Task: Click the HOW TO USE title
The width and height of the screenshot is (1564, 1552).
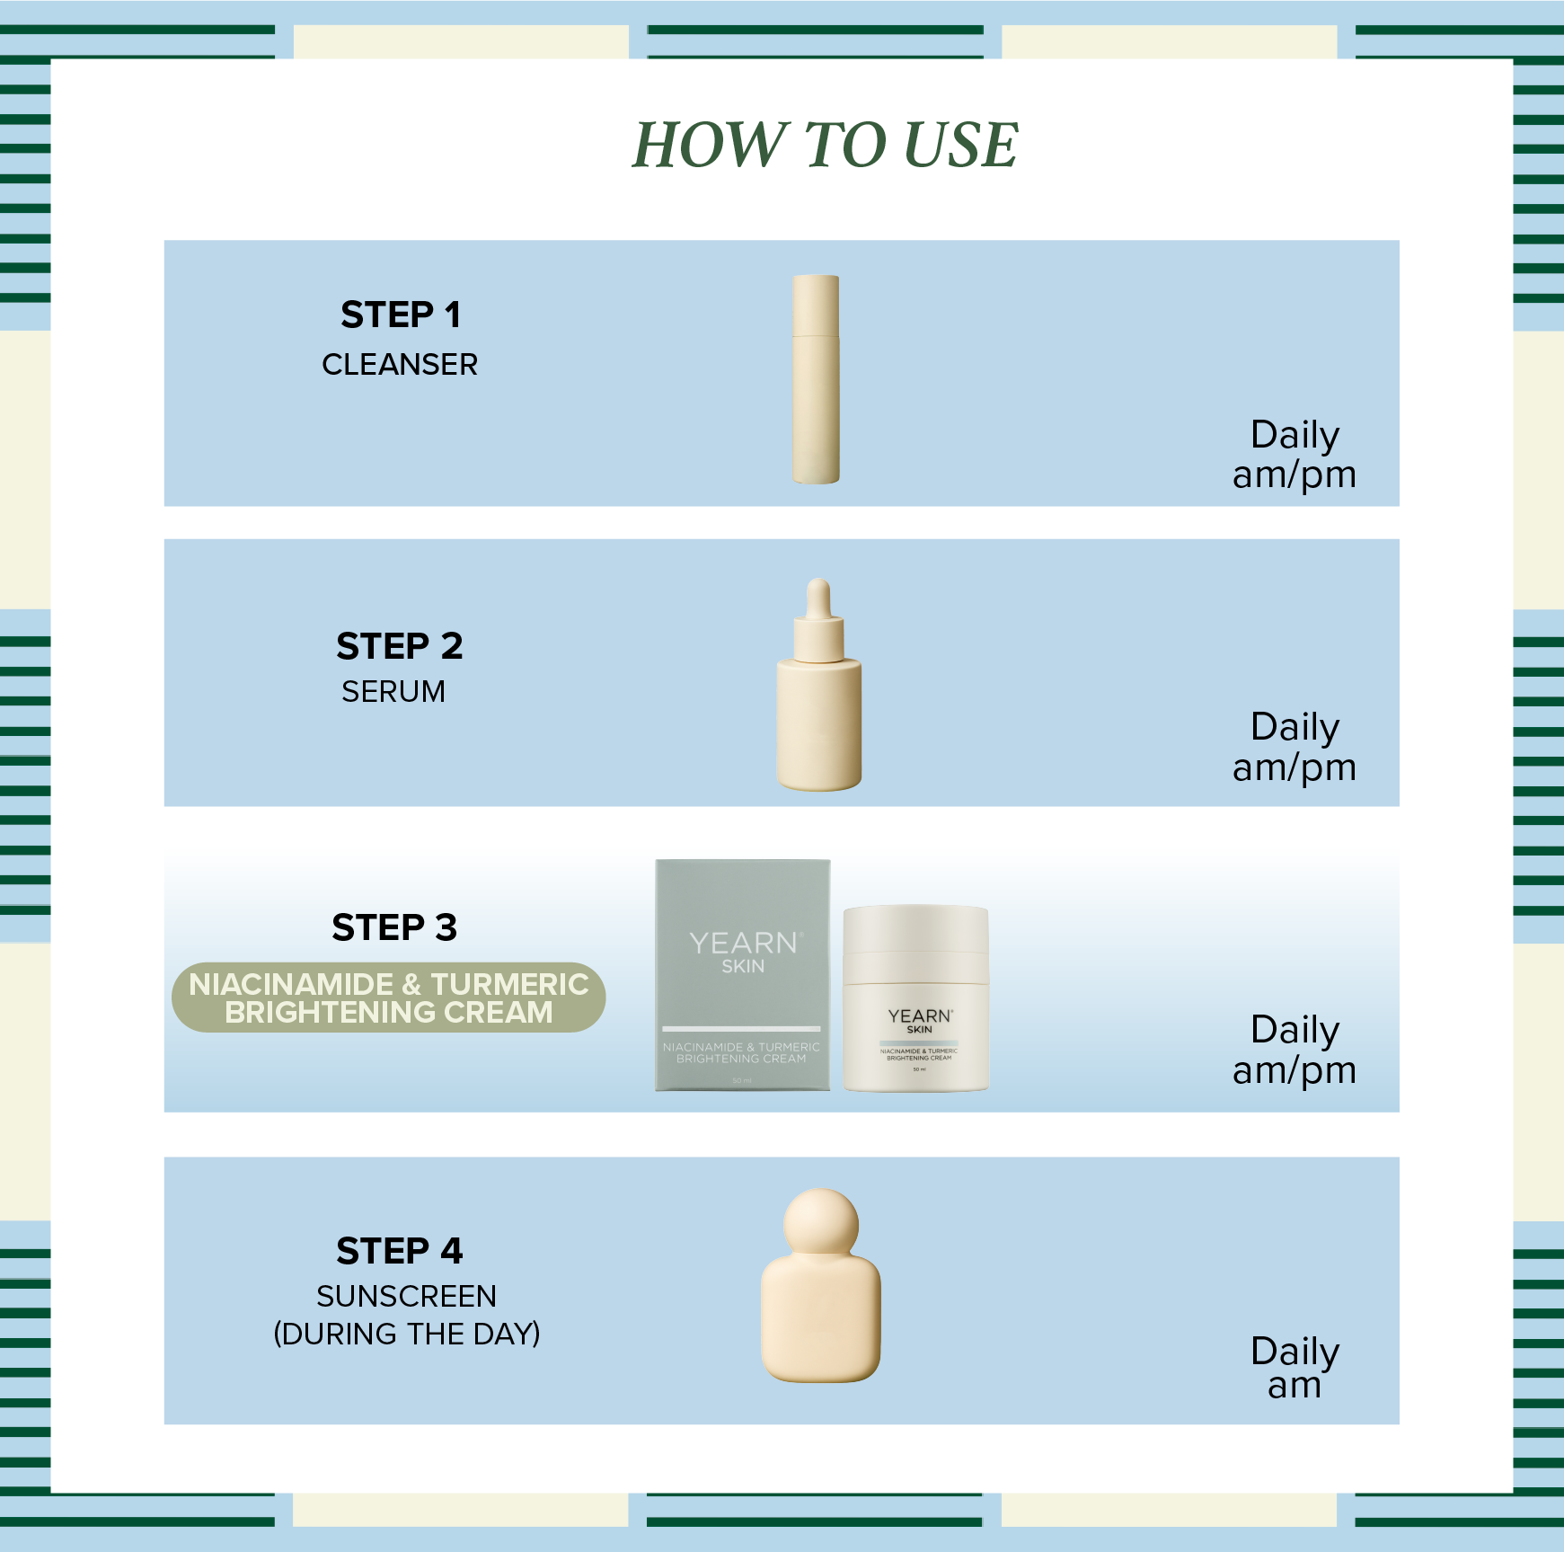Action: (825, 145)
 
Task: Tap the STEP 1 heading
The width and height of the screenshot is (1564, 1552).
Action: (401, 315)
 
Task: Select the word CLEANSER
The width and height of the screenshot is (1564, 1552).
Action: (400, 365)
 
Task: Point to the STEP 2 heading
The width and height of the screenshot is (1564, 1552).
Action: (400, 646)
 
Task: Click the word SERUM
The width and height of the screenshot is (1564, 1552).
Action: (393, 692)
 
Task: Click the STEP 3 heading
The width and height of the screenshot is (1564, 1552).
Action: (394, 927)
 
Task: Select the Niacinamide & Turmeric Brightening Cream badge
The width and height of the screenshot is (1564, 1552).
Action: (388, 998)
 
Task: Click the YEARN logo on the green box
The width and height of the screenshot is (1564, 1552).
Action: (743, 944)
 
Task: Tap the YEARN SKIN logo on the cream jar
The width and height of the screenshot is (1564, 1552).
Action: (919, 1020)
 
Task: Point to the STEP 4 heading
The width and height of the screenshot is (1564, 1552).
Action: (400, 1251)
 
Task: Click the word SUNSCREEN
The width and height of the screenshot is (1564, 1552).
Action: (406, 1297)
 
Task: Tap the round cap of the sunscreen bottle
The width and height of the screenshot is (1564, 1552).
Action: (820, 1225)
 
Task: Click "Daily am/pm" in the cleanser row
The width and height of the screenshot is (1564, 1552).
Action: (1294, 455)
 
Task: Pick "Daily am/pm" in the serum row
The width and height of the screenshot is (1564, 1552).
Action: (1294, 747)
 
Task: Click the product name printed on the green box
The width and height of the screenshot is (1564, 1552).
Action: (741, 1053)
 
